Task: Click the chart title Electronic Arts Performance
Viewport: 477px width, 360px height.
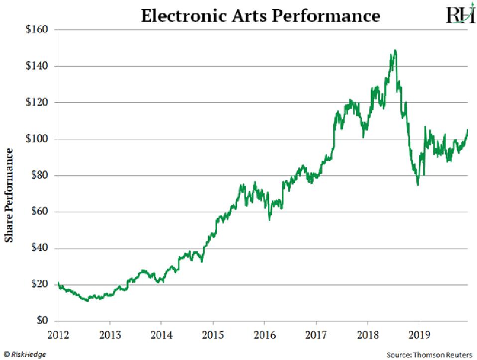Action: (x=260, y=16)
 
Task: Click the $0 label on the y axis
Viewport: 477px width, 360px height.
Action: (x=41, y=321)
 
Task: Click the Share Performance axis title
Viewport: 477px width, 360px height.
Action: (x=8, y=195)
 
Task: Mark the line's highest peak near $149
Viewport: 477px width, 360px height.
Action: (x=395, y=50)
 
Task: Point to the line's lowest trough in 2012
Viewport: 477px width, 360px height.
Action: (x=88, y=301)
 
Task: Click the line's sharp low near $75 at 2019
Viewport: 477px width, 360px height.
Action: (x=418, y=185)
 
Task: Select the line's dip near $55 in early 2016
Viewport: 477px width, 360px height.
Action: (x=269, y=220)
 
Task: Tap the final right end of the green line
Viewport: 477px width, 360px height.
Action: (x=468, y=130)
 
